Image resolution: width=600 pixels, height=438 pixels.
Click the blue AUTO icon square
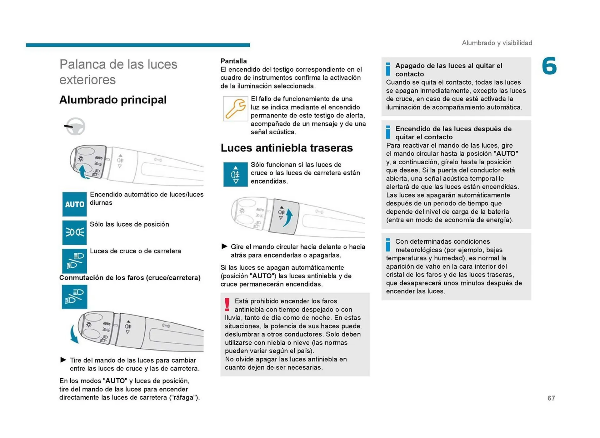tap(74, 204)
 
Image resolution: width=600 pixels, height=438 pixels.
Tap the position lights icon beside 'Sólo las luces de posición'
tap(74, 232)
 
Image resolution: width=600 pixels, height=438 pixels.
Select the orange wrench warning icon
tap(235, 108)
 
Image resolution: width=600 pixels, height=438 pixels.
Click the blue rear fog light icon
tap(235, 174)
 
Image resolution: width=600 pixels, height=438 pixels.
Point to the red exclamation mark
tap(227, 305)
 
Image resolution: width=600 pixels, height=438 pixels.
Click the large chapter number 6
tap(549, 66)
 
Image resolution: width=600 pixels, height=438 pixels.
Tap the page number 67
tap(551, 398)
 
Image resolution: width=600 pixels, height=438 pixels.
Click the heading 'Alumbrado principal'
tap(113, 100)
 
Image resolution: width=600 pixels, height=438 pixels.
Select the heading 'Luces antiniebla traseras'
tap(287, 148)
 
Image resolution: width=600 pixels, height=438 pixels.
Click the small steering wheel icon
tap(75, 127)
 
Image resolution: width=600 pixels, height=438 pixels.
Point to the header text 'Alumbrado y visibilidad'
tap(497, 43)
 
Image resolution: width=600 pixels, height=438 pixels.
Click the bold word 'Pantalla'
tap(233, 61)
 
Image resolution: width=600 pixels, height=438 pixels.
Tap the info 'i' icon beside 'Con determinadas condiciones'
tap(388, 245)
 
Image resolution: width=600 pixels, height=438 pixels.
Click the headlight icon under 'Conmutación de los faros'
tap(74, 297)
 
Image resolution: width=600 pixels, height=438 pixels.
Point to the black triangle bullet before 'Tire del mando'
tap(63, 360)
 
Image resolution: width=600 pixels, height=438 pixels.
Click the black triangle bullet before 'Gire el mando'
tap(224, 246)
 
